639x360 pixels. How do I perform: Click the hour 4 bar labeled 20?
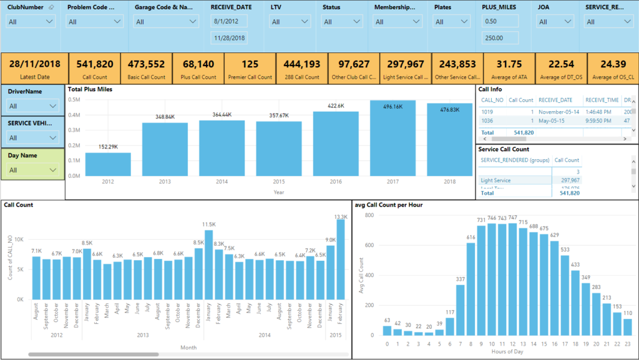tap(428, 334)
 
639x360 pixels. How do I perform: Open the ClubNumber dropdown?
tap(31, 22)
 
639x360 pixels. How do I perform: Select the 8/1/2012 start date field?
tap(230, 21)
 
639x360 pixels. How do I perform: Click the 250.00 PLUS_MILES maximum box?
tap(500, 38)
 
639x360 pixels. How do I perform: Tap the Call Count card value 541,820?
tap(94, 64)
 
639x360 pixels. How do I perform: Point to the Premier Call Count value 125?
tap(250, 64)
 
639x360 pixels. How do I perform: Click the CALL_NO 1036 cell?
tap(487, 121)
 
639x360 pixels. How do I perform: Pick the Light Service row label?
tap(495, 180)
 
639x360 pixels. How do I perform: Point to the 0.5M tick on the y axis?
tap(74, 99)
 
